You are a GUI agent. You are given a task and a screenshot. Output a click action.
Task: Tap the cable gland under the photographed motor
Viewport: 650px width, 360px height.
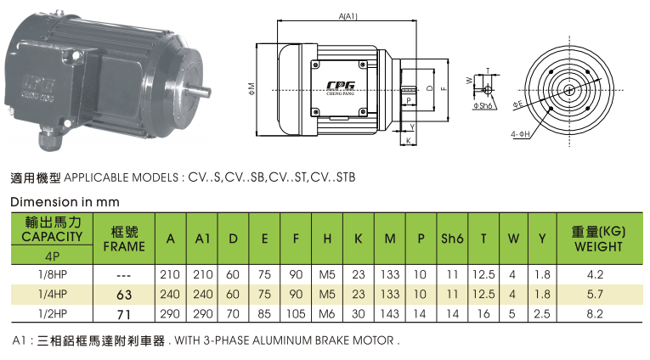[51, 139]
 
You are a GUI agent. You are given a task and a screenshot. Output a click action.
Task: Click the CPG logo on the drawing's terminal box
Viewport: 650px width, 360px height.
[341, 86]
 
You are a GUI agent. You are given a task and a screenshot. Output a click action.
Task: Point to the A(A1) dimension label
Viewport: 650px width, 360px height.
[348, 16]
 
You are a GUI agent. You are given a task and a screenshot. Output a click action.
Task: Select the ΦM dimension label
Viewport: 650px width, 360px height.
[252, 89]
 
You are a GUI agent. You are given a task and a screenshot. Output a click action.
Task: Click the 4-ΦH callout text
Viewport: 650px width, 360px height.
[520, 134]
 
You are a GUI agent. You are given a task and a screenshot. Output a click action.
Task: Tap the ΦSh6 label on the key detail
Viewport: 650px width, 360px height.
[483, 105]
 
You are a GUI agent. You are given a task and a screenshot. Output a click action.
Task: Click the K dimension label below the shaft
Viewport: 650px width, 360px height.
[409, 140]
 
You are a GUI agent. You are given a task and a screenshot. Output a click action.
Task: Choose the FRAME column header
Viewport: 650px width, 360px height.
[124, 246]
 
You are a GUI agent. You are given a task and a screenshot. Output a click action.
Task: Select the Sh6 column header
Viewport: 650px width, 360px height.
[452, 239]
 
